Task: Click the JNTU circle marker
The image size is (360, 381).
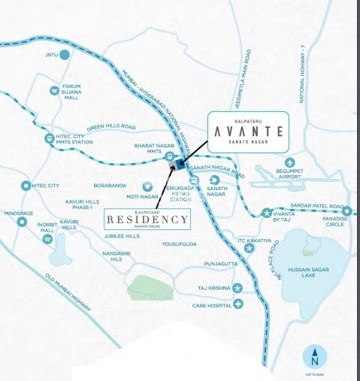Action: click(65, 54)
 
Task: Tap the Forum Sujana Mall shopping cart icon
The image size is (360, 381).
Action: click(54, 91)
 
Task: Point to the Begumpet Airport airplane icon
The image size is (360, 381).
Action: click(291, 162)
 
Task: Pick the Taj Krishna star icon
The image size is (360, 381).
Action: click(237, 288)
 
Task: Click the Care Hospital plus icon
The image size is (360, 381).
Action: click(237, 304)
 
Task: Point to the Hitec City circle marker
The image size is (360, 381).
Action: click(27, 185)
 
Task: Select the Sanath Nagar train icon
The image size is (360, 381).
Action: click(216, 180)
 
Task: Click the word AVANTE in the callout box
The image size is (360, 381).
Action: click(247, 131)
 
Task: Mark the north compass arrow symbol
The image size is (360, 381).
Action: click(314, 357)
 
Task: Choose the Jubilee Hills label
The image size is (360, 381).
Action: click(122, 236)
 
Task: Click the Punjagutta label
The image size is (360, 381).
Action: click(221, 265)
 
